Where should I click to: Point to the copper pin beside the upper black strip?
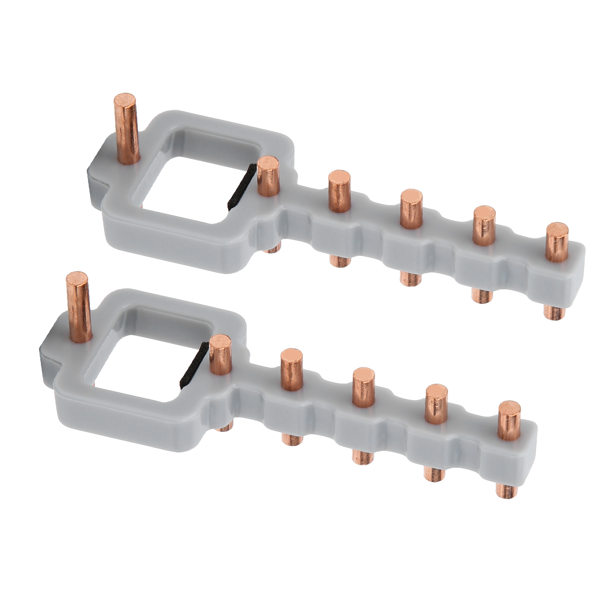pos(268,175)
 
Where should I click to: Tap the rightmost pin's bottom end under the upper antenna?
pos(553,313)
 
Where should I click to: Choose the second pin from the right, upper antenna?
pos(484,224)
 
